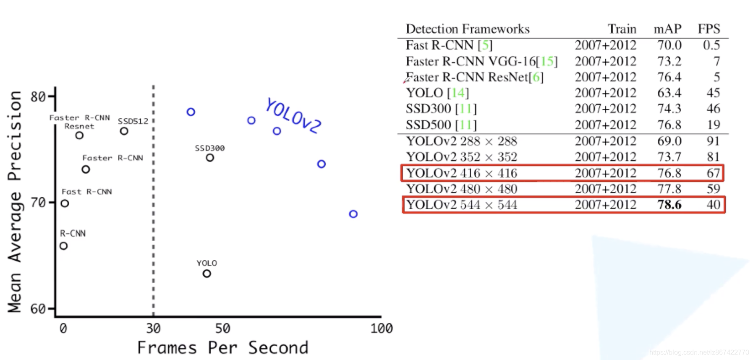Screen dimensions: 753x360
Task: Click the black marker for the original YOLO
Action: pyautogui.click(x=207, y=274)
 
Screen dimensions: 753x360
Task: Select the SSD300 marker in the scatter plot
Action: pyautogui.click(x=210, y=158)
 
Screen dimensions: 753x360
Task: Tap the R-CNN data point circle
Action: pyautogui.click(x=63, y=246)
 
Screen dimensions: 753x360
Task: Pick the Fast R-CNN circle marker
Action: pyautogui.click(x=65, y=203)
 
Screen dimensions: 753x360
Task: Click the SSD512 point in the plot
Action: pyautogui.click(x=124, y=131)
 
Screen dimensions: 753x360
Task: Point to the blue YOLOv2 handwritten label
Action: pyautogui.click(x=293, y=116)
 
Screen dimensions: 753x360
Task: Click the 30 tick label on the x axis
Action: pyautogui.click(x=153, y=328)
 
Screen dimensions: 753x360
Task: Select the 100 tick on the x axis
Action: pyautogui.click(x=381, y=328)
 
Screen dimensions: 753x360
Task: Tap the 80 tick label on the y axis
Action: pyautogui.click(x=38, y=97)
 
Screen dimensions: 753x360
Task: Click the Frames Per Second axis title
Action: pyautogui.click(x=222, y=348)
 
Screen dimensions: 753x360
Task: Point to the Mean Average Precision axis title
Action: pyautogui.click(x=15, y=201)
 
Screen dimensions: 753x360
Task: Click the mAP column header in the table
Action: pyautogui.click(x=667, y=29)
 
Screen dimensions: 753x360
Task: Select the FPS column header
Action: pyautogui.click(x=709, y=29)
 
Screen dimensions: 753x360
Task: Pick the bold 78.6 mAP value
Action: pyautogui.click(x=669, y=205)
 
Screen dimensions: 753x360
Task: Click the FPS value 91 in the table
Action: pyautogui.click(x=713, y=141)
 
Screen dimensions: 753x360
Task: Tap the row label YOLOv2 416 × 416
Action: pyautogui.click(x=462, y=173)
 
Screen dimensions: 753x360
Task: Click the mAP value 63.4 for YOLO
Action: pyautogui.click(x=669, y=93)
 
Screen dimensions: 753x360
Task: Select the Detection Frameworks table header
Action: pyautogui.click(x=468, y=29)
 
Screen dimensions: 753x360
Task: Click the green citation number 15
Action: pyautogui.click(x=547, y=61)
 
